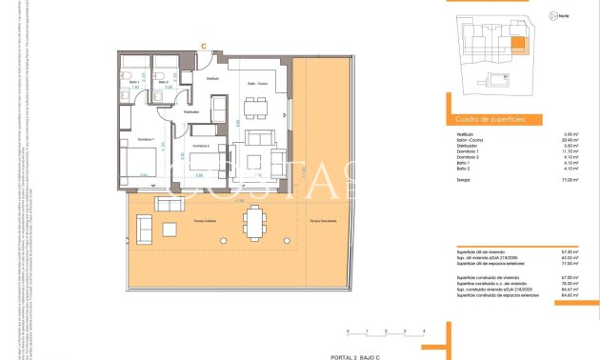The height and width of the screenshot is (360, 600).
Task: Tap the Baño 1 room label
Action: [135, 83]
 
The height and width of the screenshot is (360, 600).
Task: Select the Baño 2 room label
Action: [164, 83]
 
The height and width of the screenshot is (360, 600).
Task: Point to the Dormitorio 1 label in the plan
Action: [146, 139]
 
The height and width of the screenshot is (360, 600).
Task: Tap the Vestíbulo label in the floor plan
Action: [213, 78]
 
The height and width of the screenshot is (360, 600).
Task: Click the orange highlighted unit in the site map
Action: [518, 44]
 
